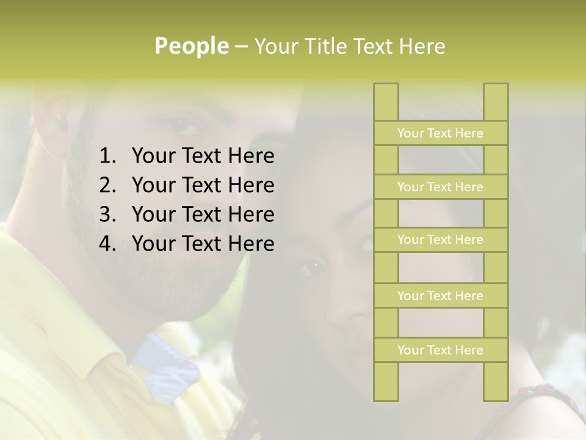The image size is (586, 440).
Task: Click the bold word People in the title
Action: click(x=190, y=46)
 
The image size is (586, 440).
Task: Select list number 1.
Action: click(x=107, y=156)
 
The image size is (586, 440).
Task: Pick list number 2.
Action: click(x=107, y=185)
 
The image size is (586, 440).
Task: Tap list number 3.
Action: click(x=107, y=215)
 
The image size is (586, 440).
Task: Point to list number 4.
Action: click(x=107, y=244)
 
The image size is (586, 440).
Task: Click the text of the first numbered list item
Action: click(x=203, y=156)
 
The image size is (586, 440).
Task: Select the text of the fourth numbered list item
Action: click(x=203, y=244)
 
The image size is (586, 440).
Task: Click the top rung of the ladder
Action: click(x=440, y=133)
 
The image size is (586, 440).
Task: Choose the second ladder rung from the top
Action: click(x=440, y=187)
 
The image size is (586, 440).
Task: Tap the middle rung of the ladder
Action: click(x=440, y=240)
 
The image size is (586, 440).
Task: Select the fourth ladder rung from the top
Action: click(x=440, y=296)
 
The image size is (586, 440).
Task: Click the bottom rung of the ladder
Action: click(x=440, y=350)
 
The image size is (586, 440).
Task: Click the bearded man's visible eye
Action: click(x=181, y=124)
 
